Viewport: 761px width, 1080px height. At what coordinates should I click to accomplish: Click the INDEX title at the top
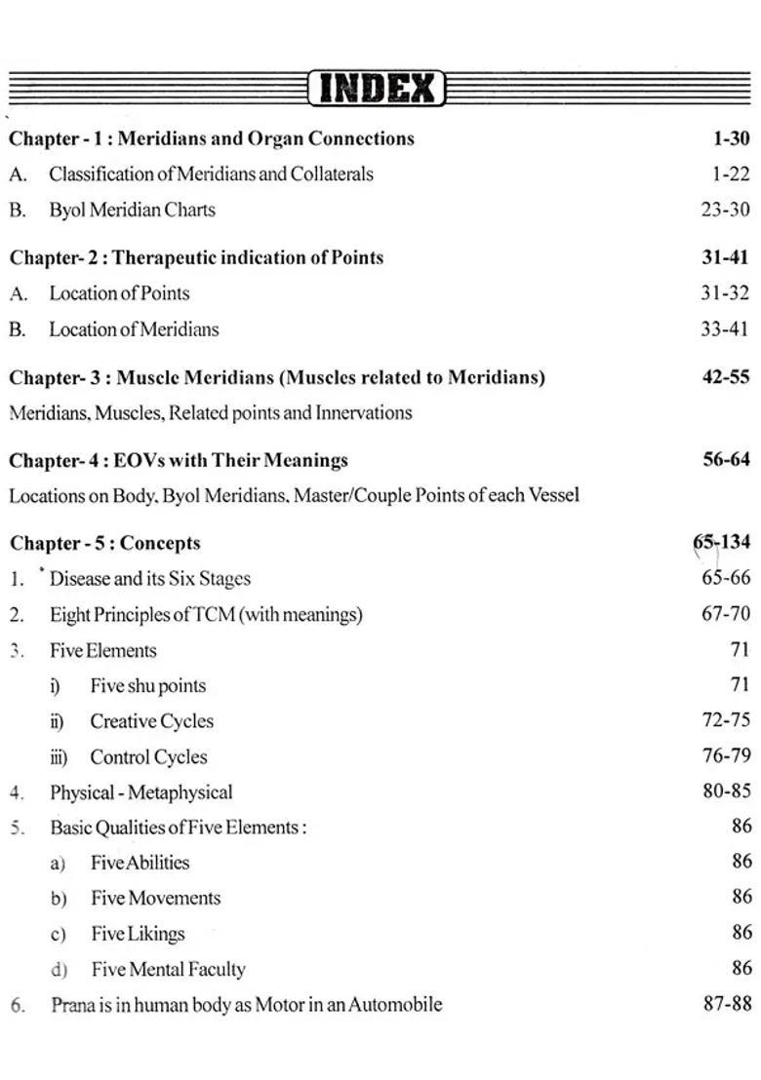point(377,90)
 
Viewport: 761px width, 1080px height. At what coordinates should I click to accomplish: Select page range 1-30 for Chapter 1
point(731,138)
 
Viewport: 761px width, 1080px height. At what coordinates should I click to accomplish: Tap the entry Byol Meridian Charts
point(132,210)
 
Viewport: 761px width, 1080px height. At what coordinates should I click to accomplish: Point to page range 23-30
point(725,210)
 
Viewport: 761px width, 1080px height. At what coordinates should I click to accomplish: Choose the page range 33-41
point(725,329)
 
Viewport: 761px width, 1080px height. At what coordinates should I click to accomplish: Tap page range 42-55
point(726,376)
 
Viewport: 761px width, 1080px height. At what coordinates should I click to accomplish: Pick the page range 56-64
point(726,459)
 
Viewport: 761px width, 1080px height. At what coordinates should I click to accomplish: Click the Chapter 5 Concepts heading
point(104,543)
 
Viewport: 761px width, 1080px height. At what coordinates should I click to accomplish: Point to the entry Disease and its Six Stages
point(149,579)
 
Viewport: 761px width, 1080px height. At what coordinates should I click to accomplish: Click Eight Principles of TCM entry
point(206,615)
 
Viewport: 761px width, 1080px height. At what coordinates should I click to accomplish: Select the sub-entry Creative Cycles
point(151,722)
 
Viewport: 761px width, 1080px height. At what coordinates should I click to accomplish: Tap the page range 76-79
point(726,755)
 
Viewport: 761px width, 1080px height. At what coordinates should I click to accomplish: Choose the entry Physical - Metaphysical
point(140,792)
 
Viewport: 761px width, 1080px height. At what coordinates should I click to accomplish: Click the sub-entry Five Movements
point(155,899)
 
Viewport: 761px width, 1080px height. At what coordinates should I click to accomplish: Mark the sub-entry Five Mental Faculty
point(168,970)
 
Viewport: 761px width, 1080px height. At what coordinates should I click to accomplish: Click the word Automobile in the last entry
point(395,1005)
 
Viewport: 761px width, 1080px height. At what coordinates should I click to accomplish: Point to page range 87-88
point(727,1004)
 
